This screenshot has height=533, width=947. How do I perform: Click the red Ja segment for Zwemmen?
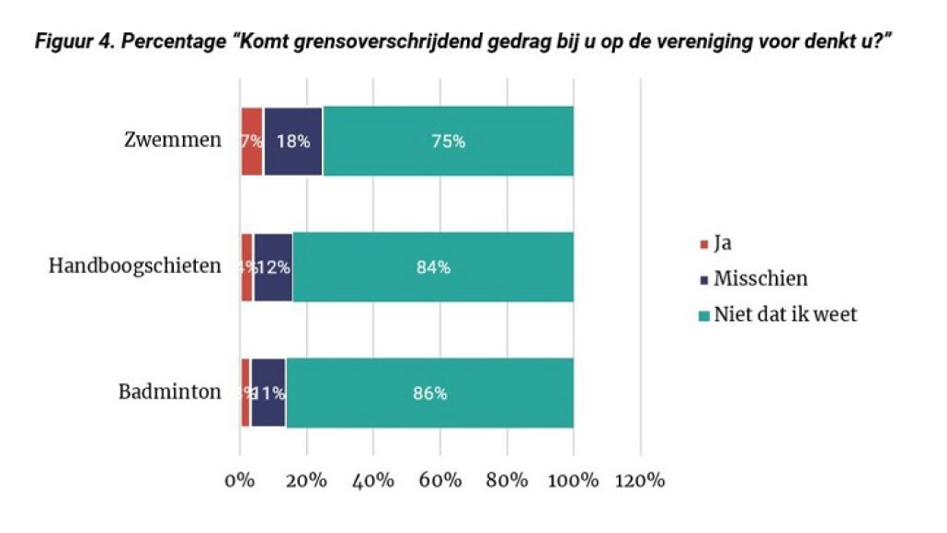[x=252, y=142]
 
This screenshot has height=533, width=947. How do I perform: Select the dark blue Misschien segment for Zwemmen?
[x=292, y=142]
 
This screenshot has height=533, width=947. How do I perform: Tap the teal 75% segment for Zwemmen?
[x=448, y=142]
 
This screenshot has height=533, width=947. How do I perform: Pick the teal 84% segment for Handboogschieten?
[x=433, y=267]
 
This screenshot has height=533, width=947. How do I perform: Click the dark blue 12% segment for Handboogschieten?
[x=272, y=267]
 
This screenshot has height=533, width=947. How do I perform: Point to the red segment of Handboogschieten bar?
[x=246, y=267]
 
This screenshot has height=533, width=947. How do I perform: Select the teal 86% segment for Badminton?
[x=429, y=393]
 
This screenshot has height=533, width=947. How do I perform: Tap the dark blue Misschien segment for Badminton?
[x=268, y=393]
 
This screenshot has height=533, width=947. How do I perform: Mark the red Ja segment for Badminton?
[x=245, y=393]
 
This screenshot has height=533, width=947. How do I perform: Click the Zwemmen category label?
[x=173, y=141]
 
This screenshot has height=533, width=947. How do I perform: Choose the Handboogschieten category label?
[x=134, y=266]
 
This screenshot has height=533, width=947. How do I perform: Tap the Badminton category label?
[x=169, y=392]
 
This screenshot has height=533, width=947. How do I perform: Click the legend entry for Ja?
[x=723, y=244]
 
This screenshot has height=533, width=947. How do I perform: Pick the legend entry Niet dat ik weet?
[x=785, y=314]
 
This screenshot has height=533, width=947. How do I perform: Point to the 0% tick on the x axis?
[x=239, y=481]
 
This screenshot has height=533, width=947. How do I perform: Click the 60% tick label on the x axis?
[x=439, y=481]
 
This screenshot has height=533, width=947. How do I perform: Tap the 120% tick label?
[x=639, y=481]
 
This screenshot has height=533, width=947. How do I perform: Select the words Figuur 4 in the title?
[x=64, y=42]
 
